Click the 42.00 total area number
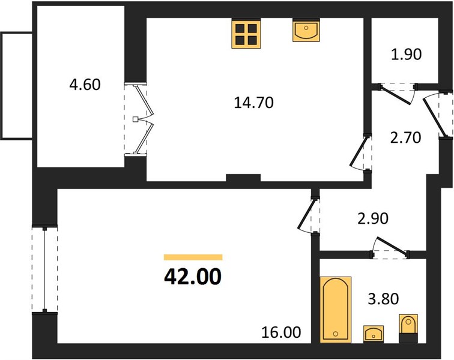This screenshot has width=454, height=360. pyautogui.click(x=193, y=277)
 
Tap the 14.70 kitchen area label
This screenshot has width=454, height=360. pyautogui.click(x=253, y=103)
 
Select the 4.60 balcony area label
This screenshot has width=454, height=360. pyautogui.click(x=85, y=85)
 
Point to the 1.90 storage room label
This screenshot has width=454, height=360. pyautogui.click(x=406, y=55)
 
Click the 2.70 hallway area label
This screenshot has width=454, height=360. pyautogui.click(x=405, y=138)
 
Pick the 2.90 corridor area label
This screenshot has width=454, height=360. pyautogui.click(x=373, y=218)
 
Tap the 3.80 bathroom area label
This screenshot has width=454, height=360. pyautogui.click(x=383, y=299)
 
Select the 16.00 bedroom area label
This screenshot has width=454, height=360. pyautogui.click(x=281, y=332)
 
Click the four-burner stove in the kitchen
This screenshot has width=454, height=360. pyautogui.click(x=246, y=34)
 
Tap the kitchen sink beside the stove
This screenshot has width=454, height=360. pyautogui.click(x=306, y=30)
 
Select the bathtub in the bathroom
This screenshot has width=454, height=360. pyautogui.click(x=336, y=310)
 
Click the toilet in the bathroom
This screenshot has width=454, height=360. pyautogui.click(x=408, y=328)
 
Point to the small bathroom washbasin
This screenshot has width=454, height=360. pyautogui.click(x=374, y=334)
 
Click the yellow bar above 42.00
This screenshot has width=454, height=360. pyautogui.click(x=193, y=257)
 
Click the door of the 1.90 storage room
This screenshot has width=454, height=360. pyautogui.click(x=398, y=95)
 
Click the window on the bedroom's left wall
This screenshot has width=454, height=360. pyautogui.click(x=44, y=269)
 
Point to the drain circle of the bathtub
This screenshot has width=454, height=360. pyautogui.click(x=336, y=334)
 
